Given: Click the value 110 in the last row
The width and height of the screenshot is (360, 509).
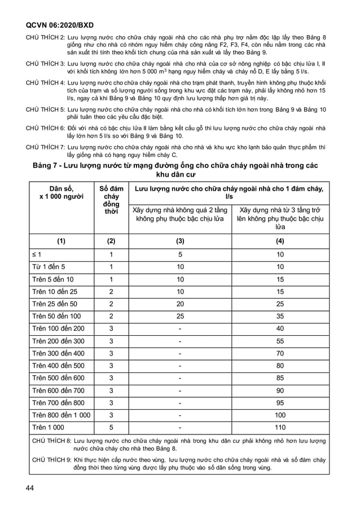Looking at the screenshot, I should click(280, 427).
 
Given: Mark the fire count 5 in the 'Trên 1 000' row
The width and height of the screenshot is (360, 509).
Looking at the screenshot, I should click(111, 427).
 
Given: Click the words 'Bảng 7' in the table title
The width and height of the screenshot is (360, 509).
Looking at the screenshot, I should click(47, 165).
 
